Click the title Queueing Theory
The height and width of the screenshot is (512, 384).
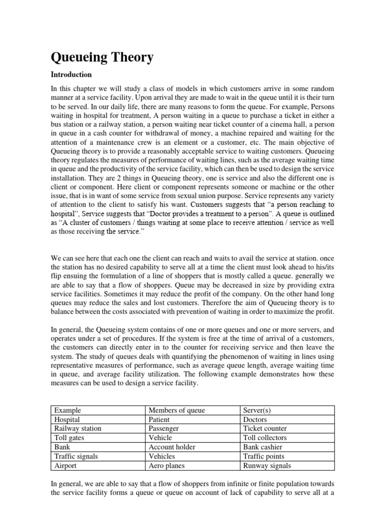(x=102, y=57)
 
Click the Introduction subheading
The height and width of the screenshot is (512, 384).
(x=71, y=74)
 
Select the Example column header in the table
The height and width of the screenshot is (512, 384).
(x=67, y=410)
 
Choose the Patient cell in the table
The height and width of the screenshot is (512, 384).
(x=159, y=419)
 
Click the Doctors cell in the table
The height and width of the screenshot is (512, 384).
(x=255, y=419)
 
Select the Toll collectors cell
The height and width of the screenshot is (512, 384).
(x=265, y=438)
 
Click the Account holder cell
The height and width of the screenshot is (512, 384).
(x=172, y=447)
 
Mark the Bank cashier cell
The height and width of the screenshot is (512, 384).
(x=262, y=447)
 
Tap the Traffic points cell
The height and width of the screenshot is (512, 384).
(x=263, y=456)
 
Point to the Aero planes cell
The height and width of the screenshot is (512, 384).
(x=166, y=465)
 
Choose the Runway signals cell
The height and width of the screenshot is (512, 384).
(x=267, y=465)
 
